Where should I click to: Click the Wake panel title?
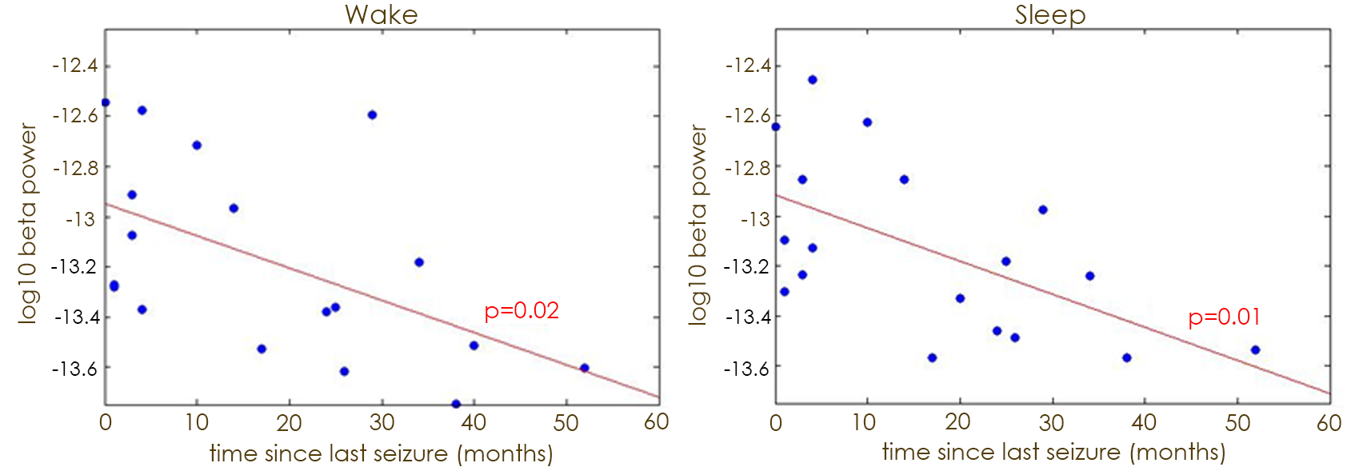pyautogui.click(x=381, y=14)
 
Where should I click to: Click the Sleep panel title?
pyautogui.click(x=1050, y=14)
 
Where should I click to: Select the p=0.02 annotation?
pyautogui.click(x=522, y=310)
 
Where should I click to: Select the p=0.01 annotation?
pyautogui.click(x=1224, y=317)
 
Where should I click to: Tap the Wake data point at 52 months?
pyautogui.click(x=584, y=368)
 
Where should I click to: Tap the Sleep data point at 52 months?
pyautogui.click(x=1255, y=349)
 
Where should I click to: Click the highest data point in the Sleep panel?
pyautogui.click(x=813, y=80)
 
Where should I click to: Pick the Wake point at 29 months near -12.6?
pyautogui.click(x=372, y=115)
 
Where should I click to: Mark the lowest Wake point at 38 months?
pyautogui.click(x=456, y=404)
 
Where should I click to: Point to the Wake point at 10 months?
pyautogui.click(x=197, y=146)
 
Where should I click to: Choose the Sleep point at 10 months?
pyautogui.click(x=867, y=122)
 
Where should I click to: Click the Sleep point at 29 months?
pyautogui.click(x=1043, y=210)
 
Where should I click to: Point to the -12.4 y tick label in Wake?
pyautogui.click(x=75, y=66)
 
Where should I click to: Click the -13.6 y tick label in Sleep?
pyautogui.click(x=746, y=369)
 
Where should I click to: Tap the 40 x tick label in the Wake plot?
pyautogui.click(x=474, y=422)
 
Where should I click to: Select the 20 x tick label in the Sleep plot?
pyautogui.click(x=958, y=422)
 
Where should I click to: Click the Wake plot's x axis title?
pyautogui.click(x=381, y=453)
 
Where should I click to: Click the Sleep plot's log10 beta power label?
pyautogui.click(x=698, y=224)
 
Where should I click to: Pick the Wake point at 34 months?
pyautogui.click(x=419, y=262)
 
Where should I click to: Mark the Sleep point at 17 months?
pyautogui.click(x=932, y=357)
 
